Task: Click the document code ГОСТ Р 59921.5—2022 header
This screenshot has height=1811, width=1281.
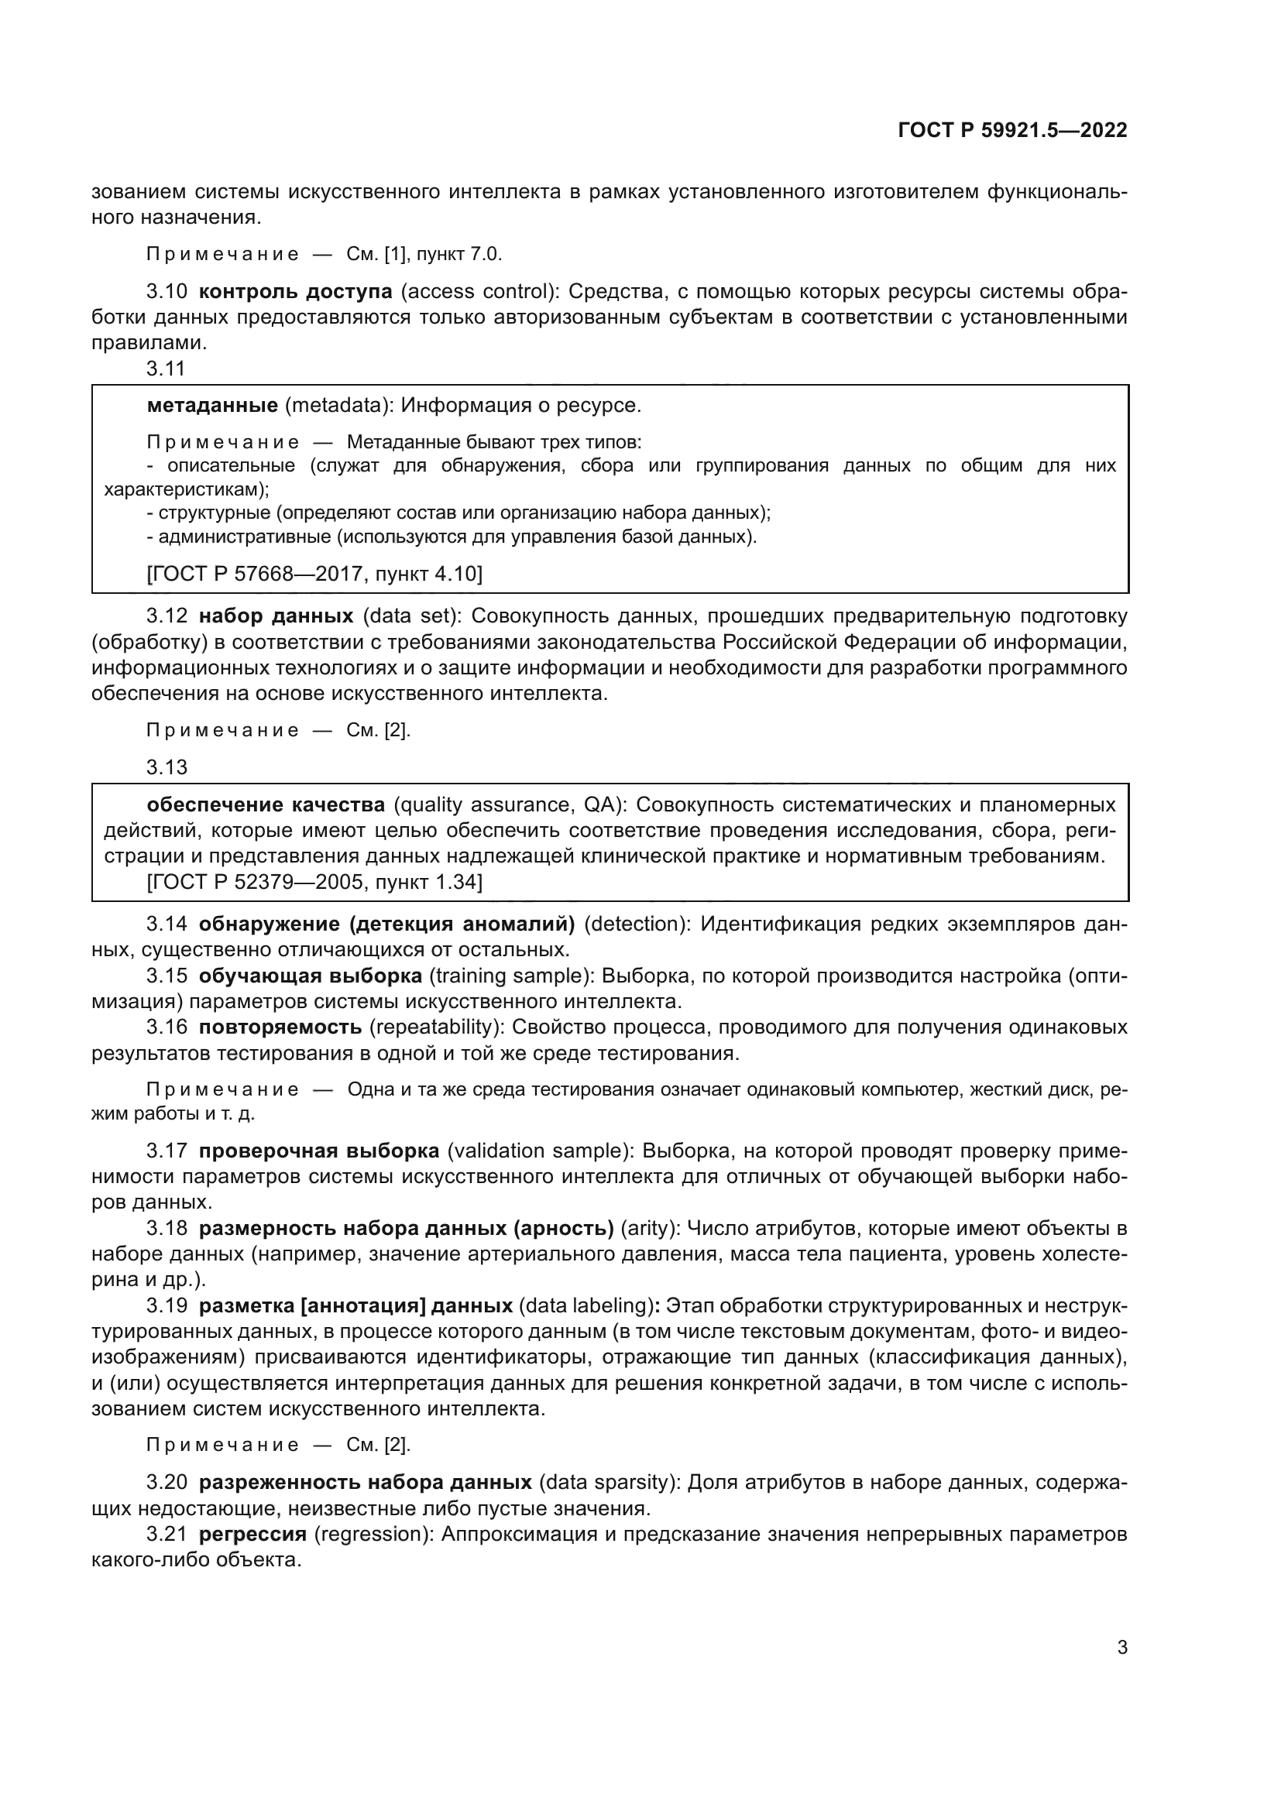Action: click(x=1012, y=130)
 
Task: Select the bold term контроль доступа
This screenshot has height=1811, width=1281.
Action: click(x=295, y=291)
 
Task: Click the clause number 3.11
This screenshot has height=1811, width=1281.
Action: click(x=166, y=368)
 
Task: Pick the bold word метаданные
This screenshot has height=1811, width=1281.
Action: click(x=212, y=406)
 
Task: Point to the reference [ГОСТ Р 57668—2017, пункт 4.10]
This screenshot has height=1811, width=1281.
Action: click(x=314, y=574)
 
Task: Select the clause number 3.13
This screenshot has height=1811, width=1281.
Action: click(x=167, y=767)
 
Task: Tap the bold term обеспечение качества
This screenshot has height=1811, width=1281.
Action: click(x=266, y=804)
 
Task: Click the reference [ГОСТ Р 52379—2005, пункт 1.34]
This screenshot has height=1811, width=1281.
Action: click(x=314, y=881)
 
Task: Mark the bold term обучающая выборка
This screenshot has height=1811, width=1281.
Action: click(x=310, y=976)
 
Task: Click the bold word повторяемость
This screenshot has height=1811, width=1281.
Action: click(x=280, y=1027)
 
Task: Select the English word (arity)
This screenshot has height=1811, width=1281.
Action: click(x=650, y=1228)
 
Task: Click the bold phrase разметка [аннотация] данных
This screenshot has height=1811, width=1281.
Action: click(x=355, y=1305)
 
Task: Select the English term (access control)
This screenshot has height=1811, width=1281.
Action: click(x=479, y=291)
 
